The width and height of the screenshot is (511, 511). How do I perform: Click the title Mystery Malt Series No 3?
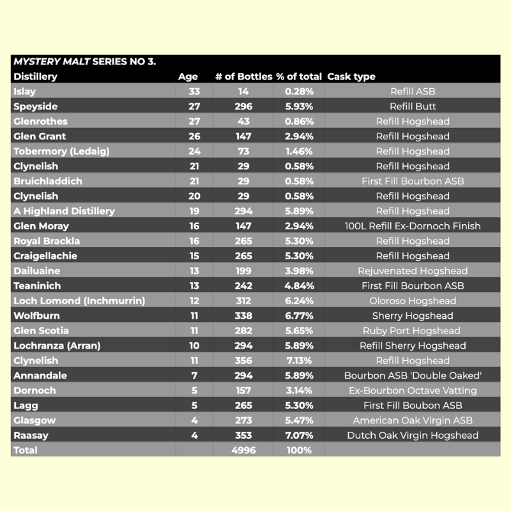(85, 62)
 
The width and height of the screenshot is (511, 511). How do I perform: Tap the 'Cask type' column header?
(351, 77)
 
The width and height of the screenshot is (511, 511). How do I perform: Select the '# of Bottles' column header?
(243, 77)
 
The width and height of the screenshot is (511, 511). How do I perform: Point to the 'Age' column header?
(188, 77)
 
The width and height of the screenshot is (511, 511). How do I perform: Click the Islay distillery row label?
(25, 91)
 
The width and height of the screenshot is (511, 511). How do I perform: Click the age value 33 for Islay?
(194, 91)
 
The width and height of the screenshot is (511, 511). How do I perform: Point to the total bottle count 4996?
(243, 450)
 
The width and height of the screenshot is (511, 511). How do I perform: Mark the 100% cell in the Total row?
(299, 450)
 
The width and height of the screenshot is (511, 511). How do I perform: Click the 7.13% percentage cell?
(299, 361)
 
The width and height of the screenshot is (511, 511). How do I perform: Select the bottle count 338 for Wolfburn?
(243, 316)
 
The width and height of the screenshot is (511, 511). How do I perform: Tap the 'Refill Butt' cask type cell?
(413, 107)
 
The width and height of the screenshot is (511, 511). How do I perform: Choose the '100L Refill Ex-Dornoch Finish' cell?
(413, 226)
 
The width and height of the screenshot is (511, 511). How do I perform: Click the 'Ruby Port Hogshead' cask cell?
(413, 331)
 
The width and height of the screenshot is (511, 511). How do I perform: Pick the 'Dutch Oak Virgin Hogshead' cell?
(413, 436)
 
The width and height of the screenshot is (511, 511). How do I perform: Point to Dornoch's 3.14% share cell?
(299, 391)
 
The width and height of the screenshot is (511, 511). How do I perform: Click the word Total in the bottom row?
(25, 450)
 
